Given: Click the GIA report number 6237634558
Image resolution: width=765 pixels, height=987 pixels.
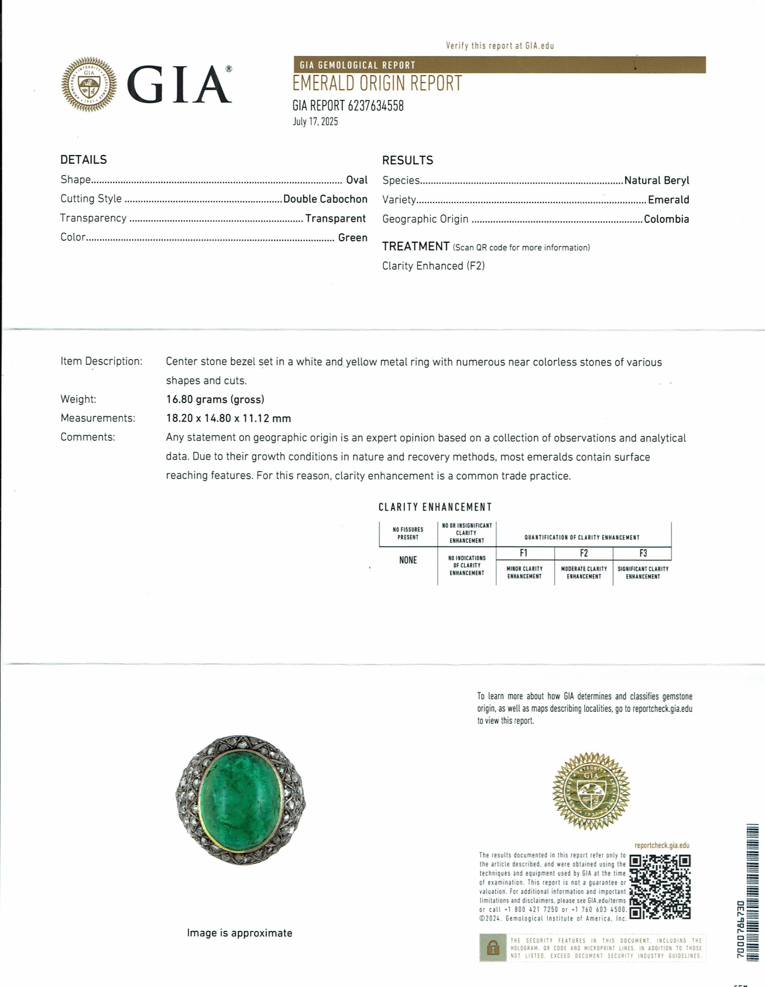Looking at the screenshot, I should tap(348, 106).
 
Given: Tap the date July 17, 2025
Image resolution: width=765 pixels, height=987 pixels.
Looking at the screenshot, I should tap(315, 121).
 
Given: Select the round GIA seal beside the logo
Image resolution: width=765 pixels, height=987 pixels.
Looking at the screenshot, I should tap(89, 84).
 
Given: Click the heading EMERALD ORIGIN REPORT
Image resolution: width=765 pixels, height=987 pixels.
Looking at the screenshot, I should tap(377, 84).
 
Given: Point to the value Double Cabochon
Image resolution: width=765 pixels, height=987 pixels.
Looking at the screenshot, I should tap(325, 199).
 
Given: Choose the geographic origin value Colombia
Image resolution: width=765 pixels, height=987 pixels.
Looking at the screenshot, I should tap(666, 219).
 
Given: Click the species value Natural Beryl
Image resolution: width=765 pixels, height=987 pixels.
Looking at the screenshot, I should tap(656, 180).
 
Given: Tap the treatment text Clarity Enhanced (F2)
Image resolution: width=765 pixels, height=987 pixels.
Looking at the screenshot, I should tap(433, 266).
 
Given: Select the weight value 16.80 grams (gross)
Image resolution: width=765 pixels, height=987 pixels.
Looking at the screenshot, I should tap(215, 399).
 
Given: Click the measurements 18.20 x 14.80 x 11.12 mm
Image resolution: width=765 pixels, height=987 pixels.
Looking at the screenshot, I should tap(228, 418).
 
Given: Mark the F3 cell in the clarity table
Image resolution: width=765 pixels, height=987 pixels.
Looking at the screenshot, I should tap(642, 553).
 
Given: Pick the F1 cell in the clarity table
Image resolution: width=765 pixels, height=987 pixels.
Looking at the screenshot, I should tap(524, 553).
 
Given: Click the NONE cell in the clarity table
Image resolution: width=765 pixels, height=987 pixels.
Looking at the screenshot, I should tap(408, 560).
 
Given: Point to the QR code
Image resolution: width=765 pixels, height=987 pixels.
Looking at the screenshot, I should tap(660, 887).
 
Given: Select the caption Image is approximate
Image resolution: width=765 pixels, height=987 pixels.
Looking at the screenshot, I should tap(239, 933).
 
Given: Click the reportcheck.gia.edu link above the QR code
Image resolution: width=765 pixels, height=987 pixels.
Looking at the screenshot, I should tap(662, 846).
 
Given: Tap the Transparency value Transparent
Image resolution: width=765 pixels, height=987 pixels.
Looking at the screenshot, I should tap(335, 219).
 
